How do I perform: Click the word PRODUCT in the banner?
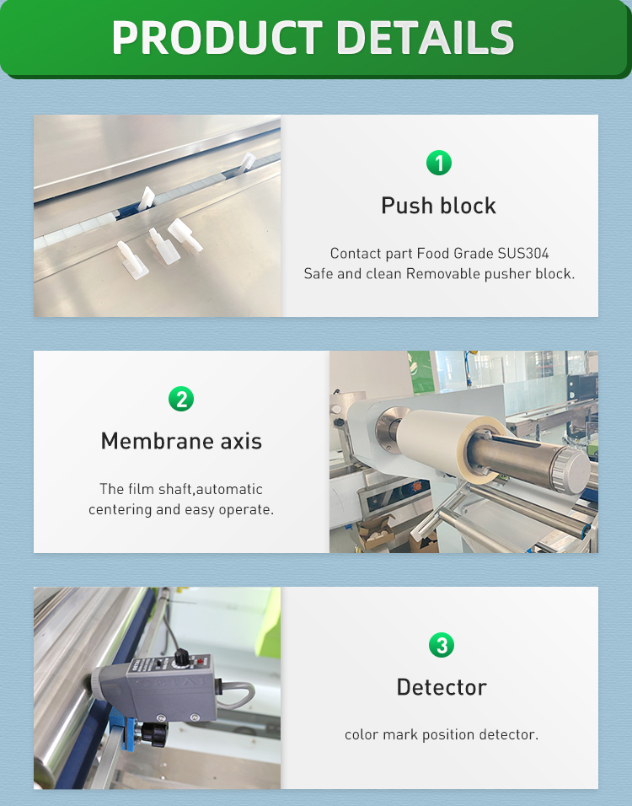click(x=216, y=38)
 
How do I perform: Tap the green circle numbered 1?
click(x=438, y=163)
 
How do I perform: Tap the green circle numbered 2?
click(x=180, y=399)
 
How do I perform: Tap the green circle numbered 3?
click(x=442, y=646)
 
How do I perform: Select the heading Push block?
click(x=438, y=206)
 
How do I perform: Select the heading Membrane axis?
click(x=181, y=441)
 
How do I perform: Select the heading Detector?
click(x=442, y=687)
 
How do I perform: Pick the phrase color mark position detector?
click(x=441, y=734)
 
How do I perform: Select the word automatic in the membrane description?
click(x=230, y=489)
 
